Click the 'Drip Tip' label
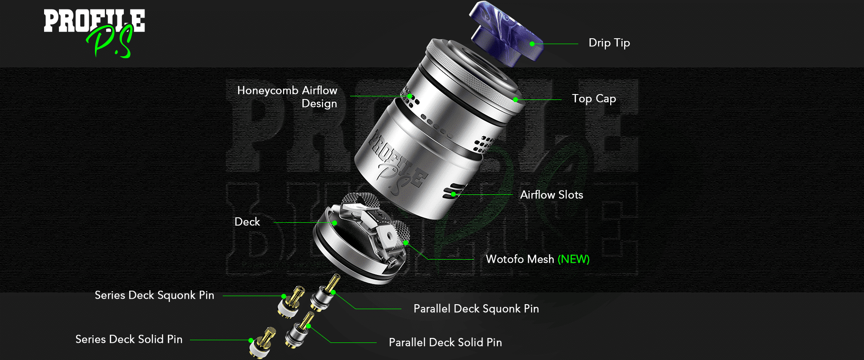[609, 43]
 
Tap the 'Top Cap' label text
[594, 99]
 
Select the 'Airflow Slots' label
[552, 195]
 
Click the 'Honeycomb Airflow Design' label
[287, 97]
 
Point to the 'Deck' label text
[247, 222]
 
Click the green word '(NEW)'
[574, 259]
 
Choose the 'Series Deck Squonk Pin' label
[154, 295]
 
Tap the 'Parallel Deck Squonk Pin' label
[476, 309]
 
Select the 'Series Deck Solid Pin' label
[129, 339]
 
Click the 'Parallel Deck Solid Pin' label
[445, 342]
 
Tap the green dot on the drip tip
[532, 44]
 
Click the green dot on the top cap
[516, 99]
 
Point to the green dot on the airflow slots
[454, 194]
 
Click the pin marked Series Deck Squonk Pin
[291, 302]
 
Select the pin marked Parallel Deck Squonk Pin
[326, 293]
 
